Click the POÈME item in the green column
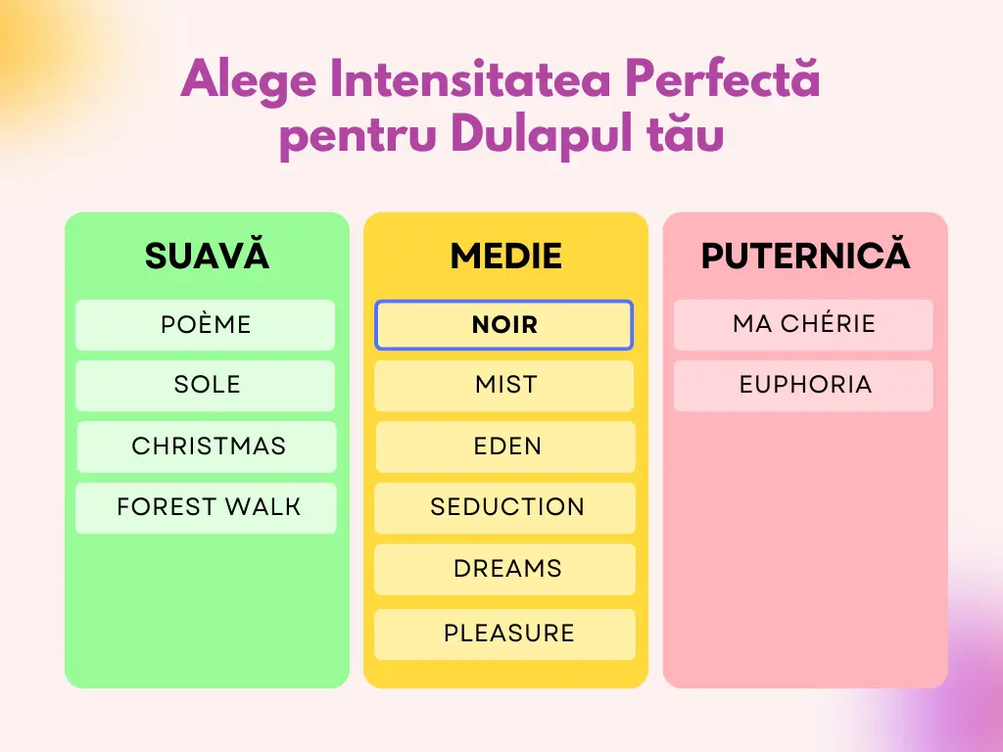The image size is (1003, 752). [x=206, y=325]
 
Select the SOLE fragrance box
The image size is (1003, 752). [x=206, y=386]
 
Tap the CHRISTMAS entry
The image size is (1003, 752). [x=207, y=446]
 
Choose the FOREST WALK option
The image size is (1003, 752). [x=206, y=508]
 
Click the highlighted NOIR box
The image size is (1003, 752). [x=504, y=325]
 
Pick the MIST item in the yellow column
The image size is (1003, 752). [x=504, y=386]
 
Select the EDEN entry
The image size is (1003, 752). [x=505, y=446]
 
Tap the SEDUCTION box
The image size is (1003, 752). [x=504, y=508]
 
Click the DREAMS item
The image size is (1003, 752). [x=504, y=569]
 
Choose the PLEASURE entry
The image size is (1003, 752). [x=504, y=634]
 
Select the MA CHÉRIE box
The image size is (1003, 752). [x=803, y=325]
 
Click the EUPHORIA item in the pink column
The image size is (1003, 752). [x=803, y=386]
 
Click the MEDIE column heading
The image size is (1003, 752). [x=506, y=256]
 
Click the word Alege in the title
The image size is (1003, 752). [x=248, y=81]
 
